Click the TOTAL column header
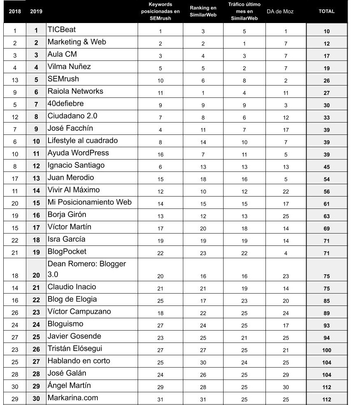(x=327, y=12)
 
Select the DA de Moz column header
(x=280, y=12)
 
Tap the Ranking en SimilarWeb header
(x=203, y=12)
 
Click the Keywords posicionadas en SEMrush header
(x=160, y=12)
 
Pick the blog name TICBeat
(x=62, y=30)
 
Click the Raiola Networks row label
(x=75, y=91)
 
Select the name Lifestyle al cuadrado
(x=83, y=141)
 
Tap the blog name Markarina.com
(x=73, y=398)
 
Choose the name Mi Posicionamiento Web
(x=90, y=202)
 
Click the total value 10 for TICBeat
(x=327, y=31)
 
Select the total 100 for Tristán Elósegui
(x=327, y=350)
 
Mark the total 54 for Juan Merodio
(x=327, y=179)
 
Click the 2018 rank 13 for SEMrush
(x=15, y=80)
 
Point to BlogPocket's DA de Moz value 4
(x=286, y=253)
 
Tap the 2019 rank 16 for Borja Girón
(x=37, y=215)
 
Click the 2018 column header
(x=15, y=12)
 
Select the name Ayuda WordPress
(x=78, y=153)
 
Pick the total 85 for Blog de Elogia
(x=327, y=301)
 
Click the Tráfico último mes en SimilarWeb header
(x=245, y=12)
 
